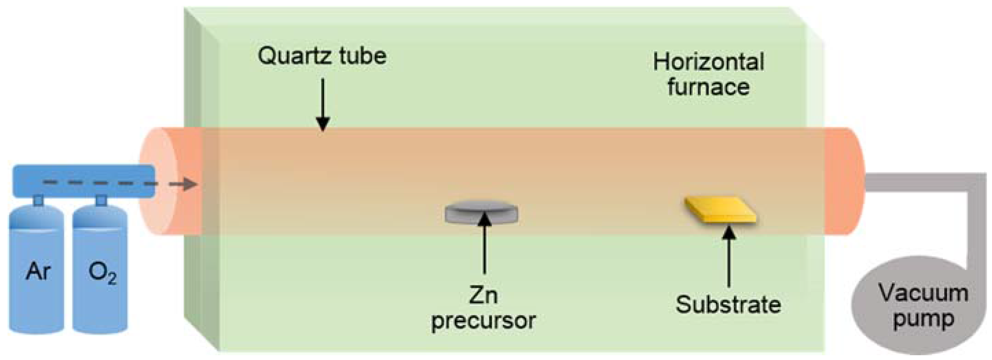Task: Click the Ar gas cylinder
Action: [36, 270]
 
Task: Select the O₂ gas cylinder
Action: [100, 270]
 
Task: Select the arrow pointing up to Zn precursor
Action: [484, 246]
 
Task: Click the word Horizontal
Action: [708, 63]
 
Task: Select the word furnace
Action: [708, 87]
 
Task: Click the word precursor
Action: [484, 320]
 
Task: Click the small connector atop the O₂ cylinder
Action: [101, 200]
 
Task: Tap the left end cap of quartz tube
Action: [158, 181]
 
